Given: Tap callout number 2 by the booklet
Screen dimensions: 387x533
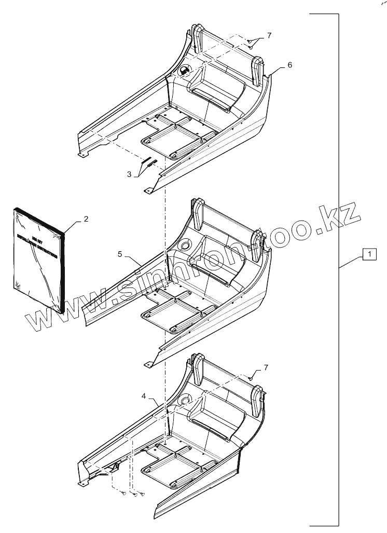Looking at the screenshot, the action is coord(86,219).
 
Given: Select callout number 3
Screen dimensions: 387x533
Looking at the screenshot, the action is coord(129,174).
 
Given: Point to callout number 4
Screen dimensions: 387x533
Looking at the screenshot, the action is coord(144,395).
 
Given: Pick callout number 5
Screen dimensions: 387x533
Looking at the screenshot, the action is coord(120,254).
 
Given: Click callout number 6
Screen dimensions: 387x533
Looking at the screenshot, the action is coord(289,65).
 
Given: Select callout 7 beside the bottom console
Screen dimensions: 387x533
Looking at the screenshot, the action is coord(266,367).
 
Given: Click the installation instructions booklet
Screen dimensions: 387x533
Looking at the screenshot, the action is coord(39,259).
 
